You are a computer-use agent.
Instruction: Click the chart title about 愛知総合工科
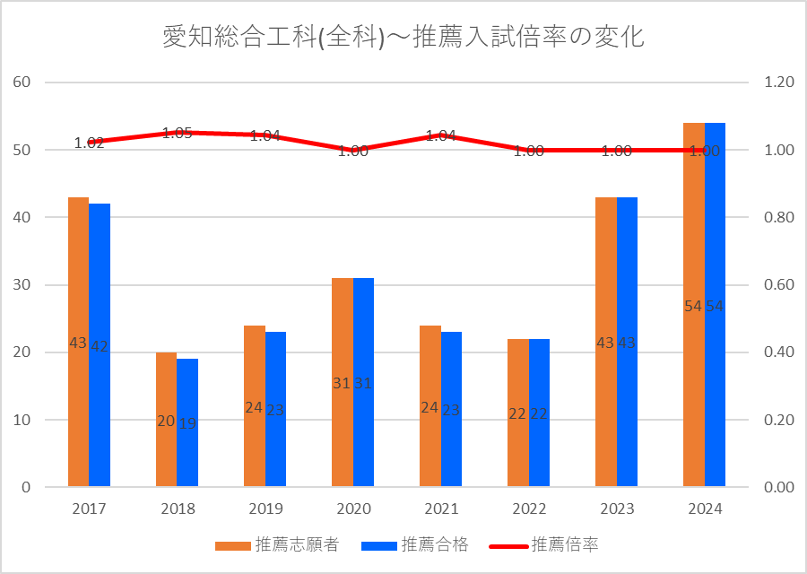pyautogui.click(x=403, y=37)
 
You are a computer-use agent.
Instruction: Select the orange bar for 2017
pyautogui.click(x=78, y=269)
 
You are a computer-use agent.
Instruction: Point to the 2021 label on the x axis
pyautogui.click(x=440, y=509)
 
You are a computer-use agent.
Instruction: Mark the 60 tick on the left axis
pyautogui.click(x=22, y=83)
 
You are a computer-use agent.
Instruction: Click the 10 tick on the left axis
pyautogui.click(x=22, y=420)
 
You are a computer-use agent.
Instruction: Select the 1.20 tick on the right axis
pyautogui.click(x=779, y=83)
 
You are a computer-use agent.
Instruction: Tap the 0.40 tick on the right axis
pyautogui.click(x=779, y=352)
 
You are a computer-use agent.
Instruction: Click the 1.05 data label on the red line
pyautogui.click(x=177, y=134)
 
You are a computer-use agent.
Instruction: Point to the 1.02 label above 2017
pyautogui.click(x=89, y=142)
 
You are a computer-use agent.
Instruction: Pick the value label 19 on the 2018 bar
pyautogui.click(x=187, y=423)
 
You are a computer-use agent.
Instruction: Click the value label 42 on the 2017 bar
pyautogui.click(x=100, y=345)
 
